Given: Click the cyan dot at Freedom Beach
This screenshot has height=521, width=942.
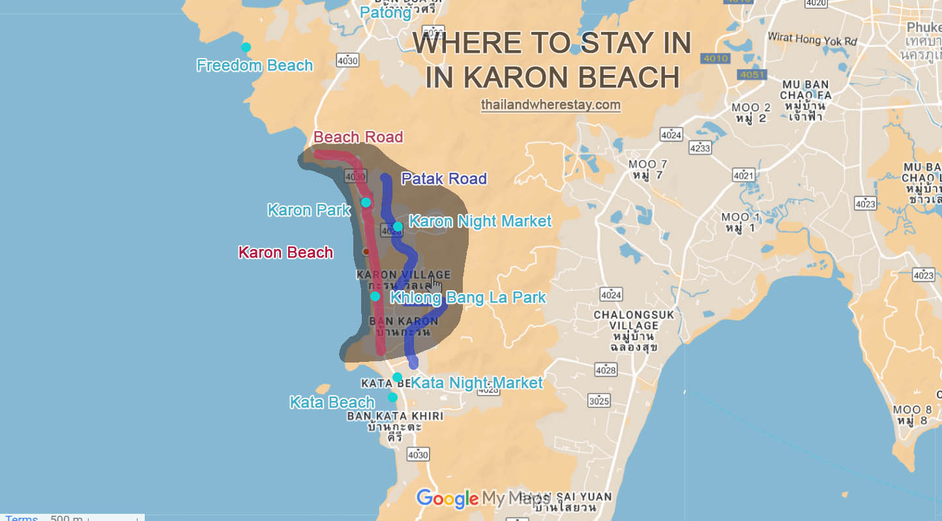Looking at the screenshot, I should [246, 47].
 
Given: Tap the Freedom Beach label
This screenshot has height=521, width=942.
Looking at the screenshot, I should [254, 66].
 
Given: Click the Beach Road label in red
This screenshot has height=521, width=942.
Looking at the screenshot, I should [358, 137].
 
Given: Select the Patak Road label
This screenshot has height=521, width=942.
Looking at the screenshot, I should [444, 179].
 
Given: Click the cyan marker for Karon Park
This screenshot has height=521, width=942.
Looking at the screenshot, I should [366, 202].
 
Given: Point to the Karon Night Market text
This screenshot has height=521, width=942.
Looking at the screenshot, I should [480, 222].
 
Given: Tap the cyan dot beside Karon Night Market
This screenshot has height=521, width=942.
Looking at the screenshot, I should [398, 226].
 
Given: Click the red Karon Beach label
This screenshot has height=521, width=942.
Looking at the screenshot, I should [286, 252].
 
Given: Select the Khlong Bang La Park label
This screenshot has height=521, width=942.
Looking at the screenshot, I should [467, 298].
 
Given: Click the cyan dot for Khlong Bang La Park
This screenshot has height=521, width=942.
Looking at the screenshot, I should [375, 296].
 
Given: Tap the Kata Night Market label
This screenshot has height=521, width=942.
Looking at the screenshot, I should [477, 383].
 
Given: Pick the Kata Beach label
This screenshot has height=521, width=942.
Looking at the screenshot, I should [332, 402].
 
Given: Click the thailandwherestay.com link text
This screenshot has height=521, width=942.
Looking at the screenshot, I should [551, 104].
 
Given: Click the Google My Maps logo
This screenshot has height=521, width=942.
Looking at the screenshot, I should [479, 499].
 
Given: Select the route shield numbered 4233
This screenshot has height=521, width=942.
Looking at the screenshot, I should [699, 148].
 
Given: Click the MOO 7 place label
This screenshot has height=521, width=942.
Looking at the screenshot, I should [647, 170].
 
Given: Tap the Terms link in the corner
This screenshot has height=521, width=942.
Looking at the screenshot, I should [22, 518].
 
